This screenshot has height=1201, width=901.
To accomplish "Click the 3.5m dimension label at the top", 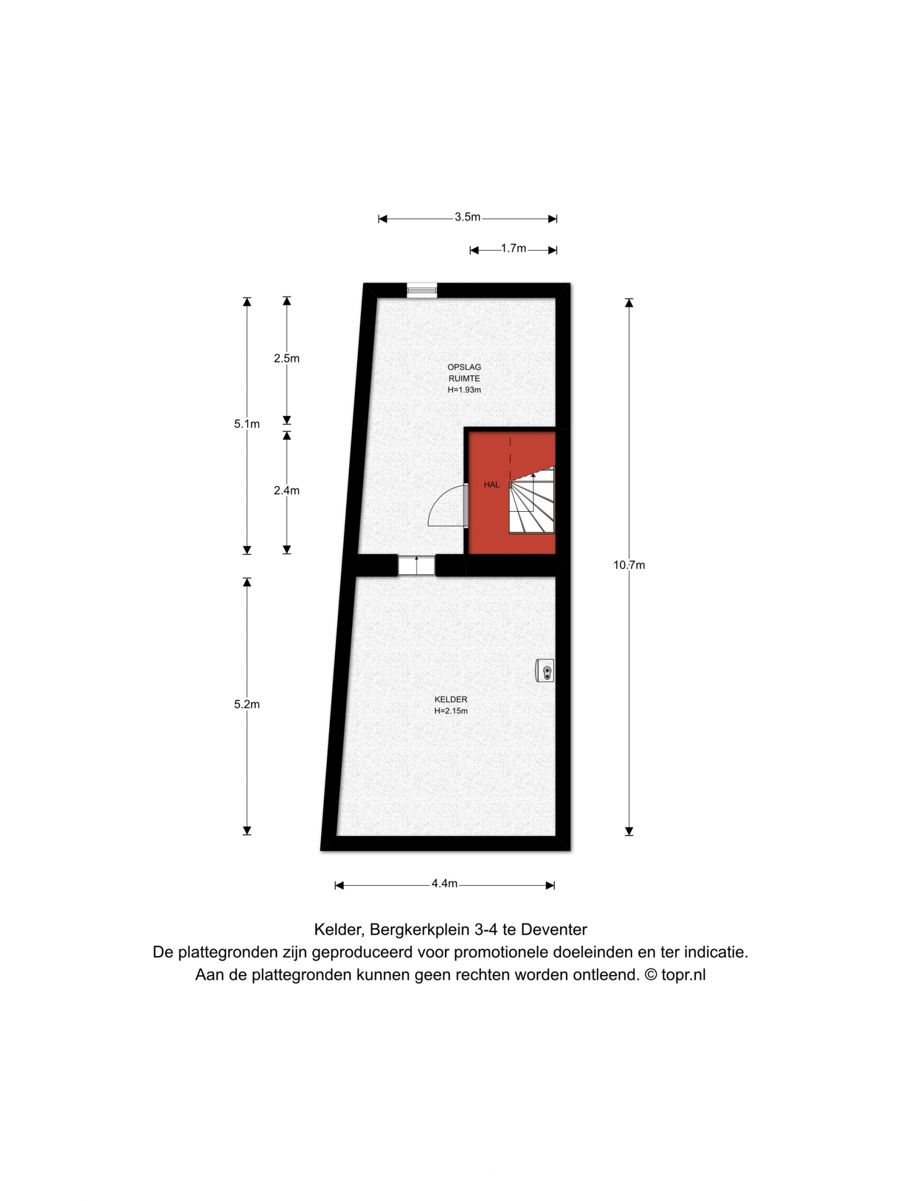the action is [x=467, y=217].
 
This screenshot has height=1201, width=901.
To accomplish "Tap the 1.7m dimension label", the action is [x=514, y=248].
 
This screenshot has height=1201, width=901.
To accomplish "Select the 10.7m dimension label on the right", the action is [x=629, y=565].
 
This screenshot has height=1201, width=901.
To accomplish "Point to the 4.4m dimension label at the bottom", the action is [x=444, y=883].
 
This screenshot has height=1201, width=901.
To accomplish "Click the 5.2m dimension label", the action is [x=247, y=704].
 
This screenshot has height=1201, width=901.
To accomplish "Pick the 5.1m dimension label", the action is [x=247, y=424].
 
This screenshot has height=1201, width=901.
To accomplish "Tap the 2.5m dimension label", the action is [x=287, y=358].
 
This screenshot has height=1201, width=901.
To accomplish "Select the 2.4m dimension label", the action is [x=287, y=490].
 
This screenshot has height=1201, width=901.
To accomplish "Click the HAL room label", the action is [x=492, y=484].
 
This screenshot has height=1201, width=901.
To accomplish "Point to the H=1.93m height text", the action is [x=465, y=390].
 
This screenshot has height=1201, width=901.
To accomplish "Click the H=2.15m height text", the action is [x=451, y=711].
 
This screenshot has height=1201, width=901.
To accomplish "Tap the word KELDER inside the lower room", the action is [x=451, y=699].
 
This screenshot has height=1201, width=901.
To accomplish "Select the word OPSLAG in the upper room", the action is [x=465, y=367].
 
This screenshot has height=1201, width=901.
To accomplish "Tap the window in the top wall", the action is [x=422, y=290].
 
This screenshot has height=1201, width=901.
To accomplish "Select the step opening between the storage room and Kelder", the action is [x=417, y=565].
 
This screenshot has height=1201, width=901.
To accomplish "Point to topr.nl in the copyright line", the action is [x=684, y=975].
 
